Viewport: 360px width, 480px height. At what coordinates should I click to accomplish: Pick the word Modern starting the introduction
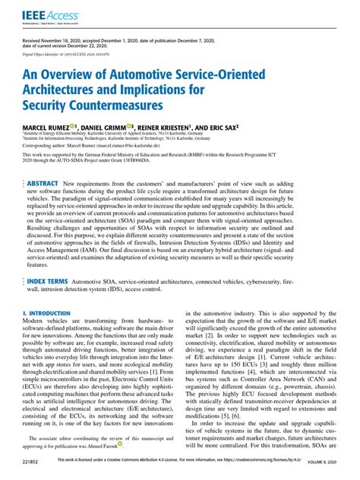click(36, 321)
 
